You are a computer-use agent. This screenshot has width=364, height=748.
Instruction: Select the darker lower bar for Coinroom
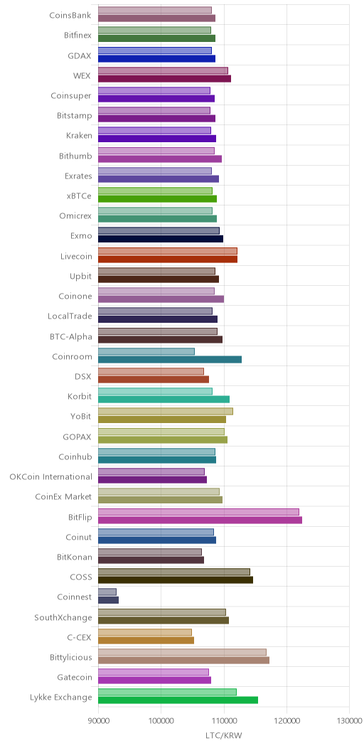click(170, 360)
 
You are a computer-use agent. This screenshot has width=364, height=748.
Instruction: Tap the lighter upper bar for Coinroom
click(146, 351)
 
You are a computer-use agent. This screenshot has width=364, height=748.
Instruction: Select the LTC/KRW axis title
click(223, 736)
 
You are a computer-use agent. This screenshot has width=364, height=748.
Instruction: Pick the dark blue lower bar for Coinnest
click(108, 600)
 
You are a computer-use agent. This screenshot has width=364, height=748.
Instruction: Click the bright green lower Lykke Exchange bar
click(178, 700)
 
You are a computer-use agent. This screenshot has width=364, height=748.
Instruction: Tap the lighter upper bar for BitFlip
click(198, 512)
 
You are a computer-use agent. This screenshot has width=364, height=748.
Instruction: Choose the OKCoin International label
click(51, 476)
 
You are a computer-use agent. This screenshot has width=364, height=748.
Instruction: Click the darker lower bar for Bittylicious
click(183, 661)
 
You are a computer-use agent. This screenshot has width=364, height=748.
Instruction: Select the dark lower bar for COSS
click(176, 580)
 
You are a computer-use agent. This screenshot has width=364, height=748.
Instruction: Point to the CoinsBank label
click(70, 15)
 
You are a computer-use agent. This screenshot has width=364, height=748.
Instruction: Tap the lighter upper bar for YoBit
click(166, 412)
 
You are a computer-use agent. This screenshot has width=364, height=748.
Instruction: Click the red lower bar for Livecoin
click(168, 260)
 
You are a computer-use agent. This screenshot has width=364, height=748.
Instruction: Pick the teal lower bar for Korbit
click(164, 400)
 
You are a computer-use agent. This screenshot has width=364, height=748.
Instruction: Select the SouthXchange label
click(63, 617)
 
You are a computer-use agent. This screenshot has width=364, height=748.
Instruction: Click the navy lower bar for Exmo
click(161, 240)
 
